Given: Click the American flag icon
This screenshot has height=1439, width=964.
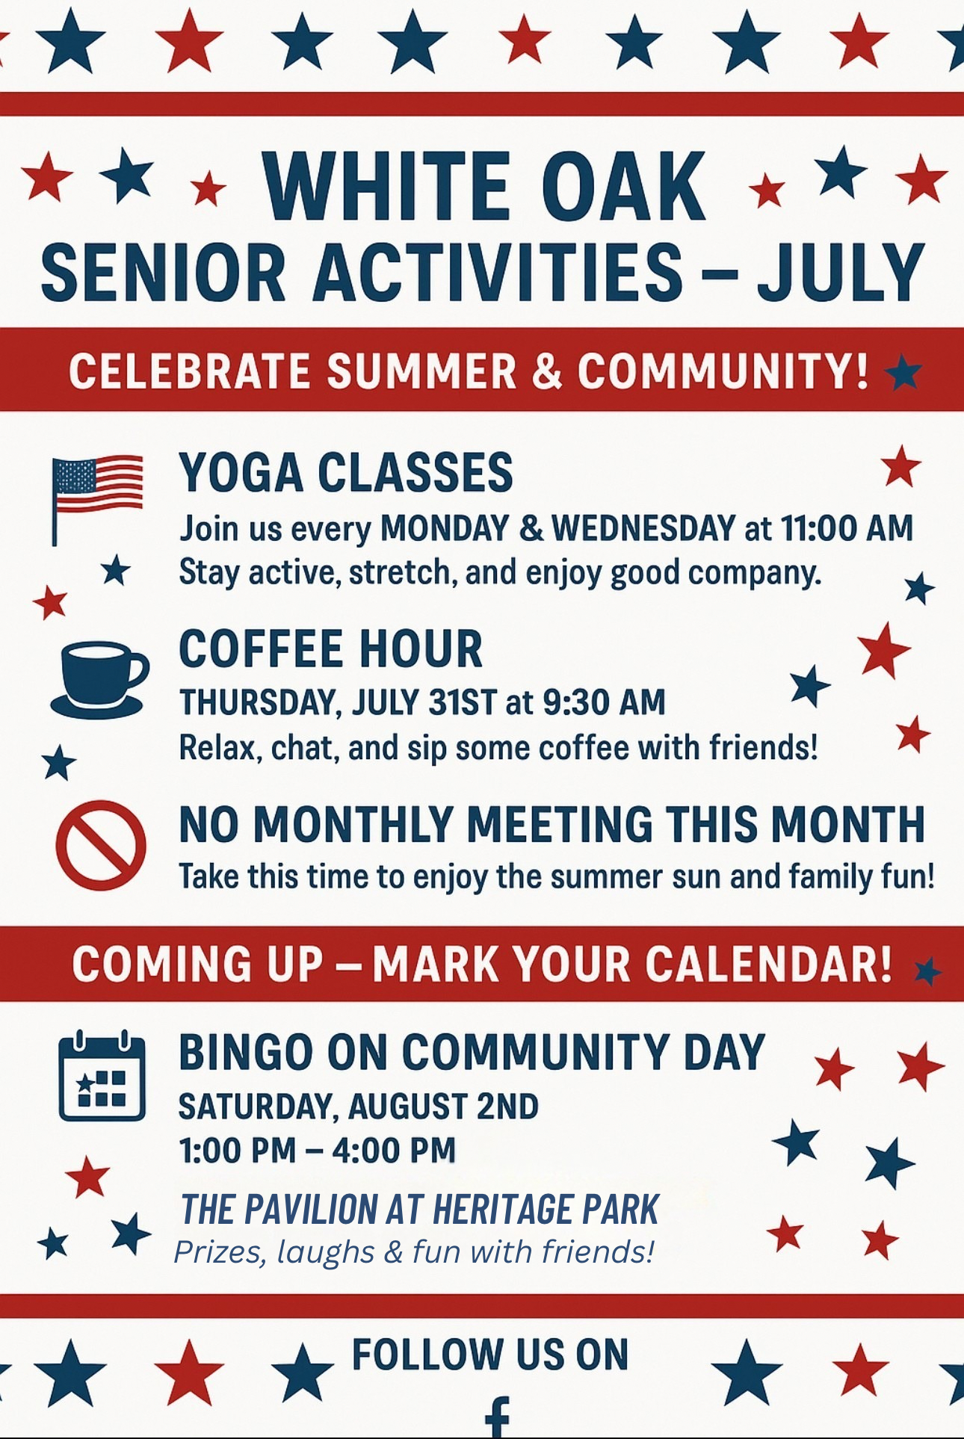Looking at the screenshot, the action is (96, 497).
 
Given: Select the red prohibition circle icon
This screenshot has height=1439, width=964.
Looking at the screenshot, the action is (101, 844).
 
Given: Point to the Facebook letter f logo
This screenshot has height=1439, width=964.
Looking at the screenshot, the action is (497, 1417).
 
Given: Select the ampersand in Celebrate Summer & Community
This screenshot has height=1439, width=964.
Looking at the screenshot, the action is (547, 371).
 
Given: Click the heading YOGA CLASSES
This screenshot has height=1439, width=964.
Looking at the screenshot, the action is (346, 473).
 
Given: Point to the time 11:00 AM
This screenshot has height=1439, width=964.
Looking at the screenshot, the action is (847, 528).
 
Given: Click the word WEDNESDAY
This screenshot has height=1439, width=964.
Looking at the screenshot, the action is (643, 528).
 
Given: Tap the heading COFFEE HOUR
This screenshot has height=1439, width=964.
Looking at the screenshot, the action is (331, 649).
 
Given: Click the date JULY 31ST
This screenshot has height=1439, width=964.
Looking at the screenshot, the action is (424, 702).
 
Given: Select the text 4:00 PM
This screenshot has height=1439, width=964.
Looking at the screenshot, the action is (394, 1150).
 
